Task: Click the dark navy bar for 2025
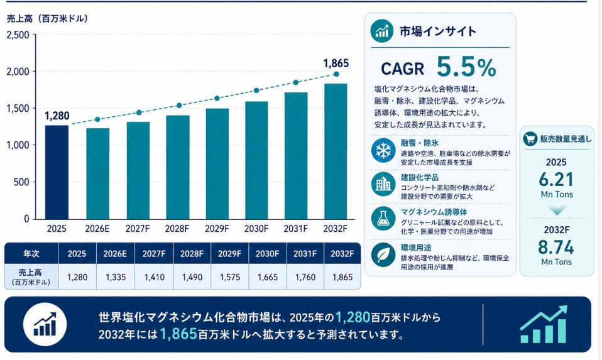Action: click(x=57, y=172)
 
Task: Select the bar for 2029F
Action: click(x=217, y=164)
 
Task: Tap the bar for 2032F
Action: click(x=336, y=151)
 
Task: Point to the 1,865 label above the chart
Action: click(x=336, y=63)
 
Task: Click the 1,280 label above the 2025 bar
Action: click(x=57, y=116)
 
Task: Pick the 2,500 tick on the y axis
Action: click(x=18, y=35)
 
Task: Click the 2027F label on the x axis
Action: click(x=138, y=229)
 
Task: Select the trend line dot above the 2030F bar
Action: click(x=256, y=90)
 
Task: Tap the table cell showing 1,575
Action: click(x=229, y=277)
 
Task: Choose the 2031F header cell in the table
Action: click(x=305, y=254)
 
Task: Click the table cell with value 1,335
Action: click(x=116, y=277)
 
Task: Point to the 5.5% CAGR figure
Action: click(x=466, y=67)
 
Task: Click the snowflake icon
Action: click(x=383, y=150)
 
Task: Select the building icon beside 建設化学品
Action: click(x=383, y=184)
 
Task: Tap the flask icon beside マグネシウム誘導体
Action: click(x=383, y=219)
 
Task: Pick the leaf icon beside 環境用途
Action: click(x=383, y=254)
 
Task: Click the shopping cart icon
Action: click(x=530, y=139)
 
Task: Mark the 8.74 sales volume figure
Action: click(x=556, y=248)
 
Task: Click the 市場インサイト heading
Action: click(x=438, y=31)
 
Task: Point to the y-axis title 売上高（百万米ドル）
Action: click(x=48, y=18)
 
